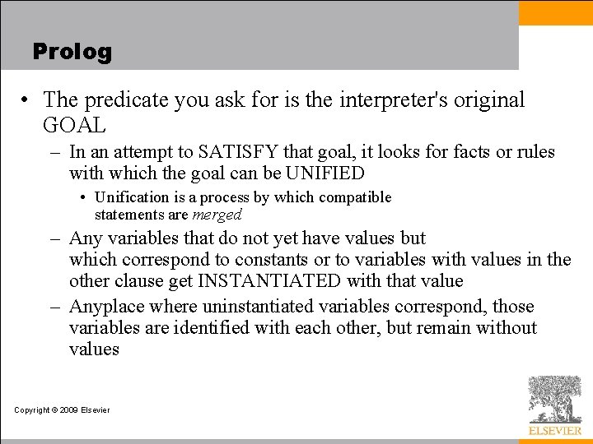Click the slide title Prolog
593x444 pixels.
(72, 52)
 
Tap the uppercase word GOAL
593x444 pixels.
(74, 126)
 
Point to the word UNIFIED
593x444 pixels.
(325, 173)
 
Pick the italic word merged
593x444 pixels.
(217, 215)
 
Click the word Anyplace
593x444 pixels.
(106, 307)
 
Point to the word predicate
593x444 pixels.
(119, 100)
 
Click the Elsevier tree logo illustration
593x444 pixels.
(554, 399)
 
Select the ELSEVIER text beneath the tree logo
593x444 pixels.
(554, 431)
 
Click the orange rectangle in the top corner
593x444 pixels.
(555, 12)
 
